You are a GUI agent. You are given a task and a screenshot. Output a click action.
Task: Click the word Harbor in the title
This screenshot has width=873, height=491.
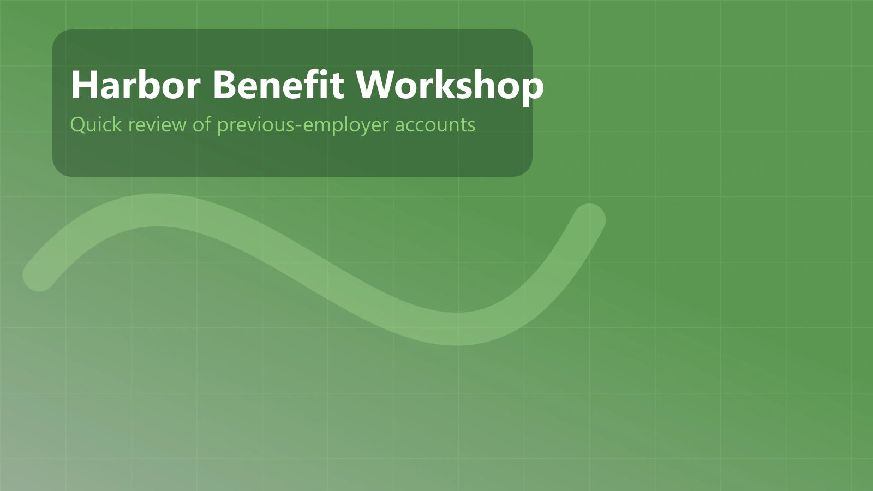pyautogui.click(x=136, y=85)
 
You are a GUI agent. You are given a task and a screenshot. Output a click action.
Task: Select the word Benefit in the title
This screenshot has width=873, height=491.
pyautogui.click(x=278, y=85)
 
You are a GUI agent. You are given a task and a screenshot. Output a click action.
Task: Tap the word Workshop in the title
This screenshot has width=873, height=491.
pyautogui.click(x=450, y=87)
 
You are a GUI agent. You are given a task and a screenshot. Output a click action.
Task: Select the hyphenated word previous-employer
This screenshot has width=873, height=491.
pyautogui.click(x=303, y=125)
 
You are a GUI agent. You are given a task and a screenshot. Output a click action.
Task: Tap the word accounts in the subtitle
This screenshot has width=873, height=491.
pyautogui.click(x=435, y=125)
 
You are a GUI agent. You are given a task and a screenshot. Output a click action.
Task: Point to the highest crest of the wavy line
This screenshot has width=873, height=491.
pyautogui.click(x=156, y=209)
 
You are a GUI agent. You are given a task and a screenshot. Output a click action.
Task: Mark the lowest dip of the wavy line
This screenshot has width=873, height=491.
pyautogui.click(x=456, y=329)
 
